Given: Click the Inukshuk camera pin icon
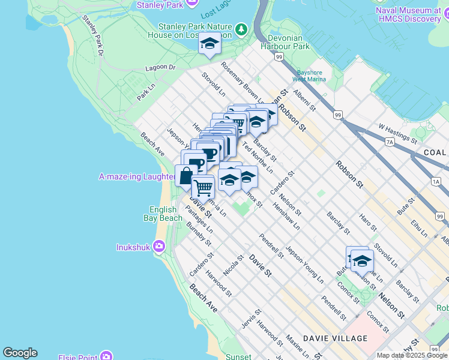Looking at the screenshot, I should [x=159, y=246].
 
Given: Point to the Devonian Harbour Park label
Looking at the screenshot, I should [x=285, y=46].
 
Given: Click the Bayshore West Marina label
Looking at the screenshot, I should [x=309, y=75].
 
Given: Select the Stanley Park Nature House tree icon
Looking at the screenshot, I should [x=241, y=29].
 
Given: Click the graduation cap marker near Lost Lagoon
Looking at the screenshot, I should [x=209, y=43].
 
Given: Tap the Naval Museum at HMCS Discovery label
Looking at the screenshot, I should [x=408, y=14].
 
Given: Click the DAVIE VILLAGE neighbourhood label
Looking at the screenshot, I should [x=335, y=338].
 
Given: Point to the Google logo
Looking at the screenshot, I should [x=20, y=353].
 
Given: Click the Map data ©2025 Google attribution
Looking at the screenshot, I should [x=412, y=355].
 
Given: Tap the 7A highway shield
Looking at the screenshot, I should [x=390, y=142].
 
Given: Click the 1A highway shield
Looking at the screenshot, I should [x=435, y=181].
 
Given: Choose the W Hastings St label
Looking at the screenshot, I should [x=397, y=133].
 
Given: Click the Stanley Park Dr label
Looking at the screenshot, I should [x=93, y=37].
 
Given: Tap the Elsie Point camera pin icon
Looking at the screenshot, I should [x=106, y=357].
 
